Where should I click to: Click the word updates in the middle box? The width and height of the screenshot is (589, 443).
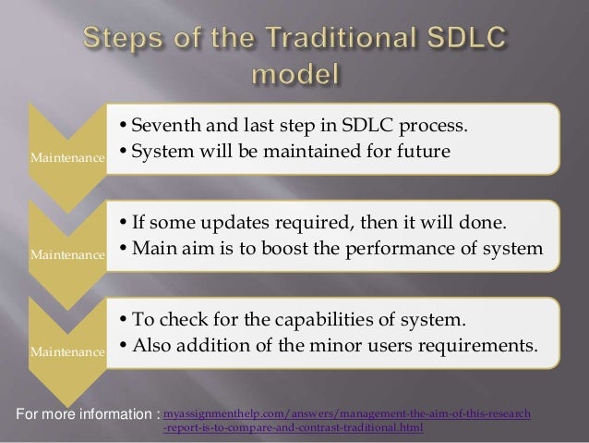pyautogui.click(x=233, y=225)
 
